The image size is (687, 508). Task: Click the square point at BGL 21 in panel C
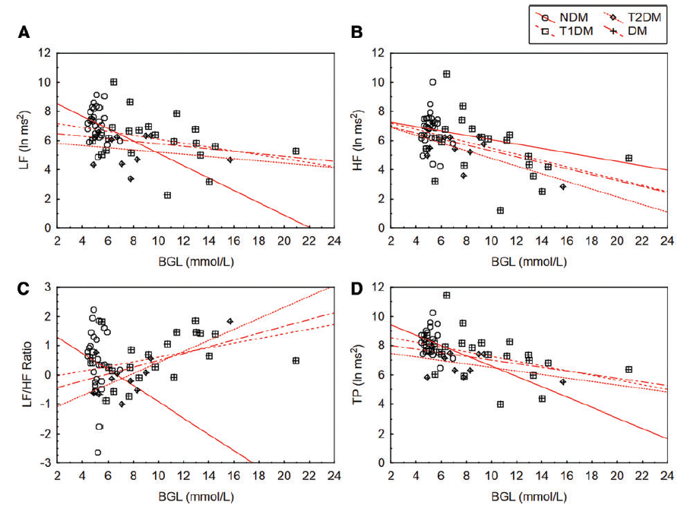[296, 361]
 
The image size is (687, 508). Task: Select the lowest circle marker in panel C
[97, 453]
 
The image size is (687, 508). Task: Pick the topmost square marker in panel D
[447, 295]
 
